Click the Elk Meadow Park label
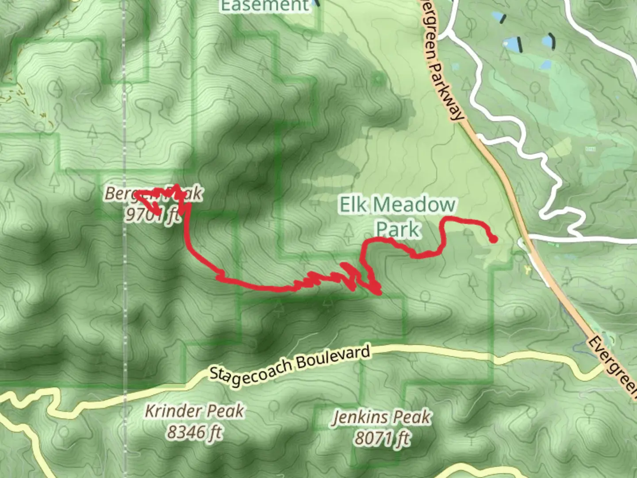point(397,216)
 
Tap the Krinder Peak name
point(194,411)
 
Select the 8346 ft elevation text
point(194,432)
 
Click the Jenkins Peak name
point(382,417)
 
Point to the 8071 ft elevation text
point(382,438)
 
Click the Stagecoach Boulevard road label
point(289,366)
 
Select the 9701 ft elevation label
point(153,215)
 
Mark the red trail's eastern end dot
point(494,239)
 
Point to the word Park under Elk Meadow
point(397,229)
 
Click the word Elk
point(353,205)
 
